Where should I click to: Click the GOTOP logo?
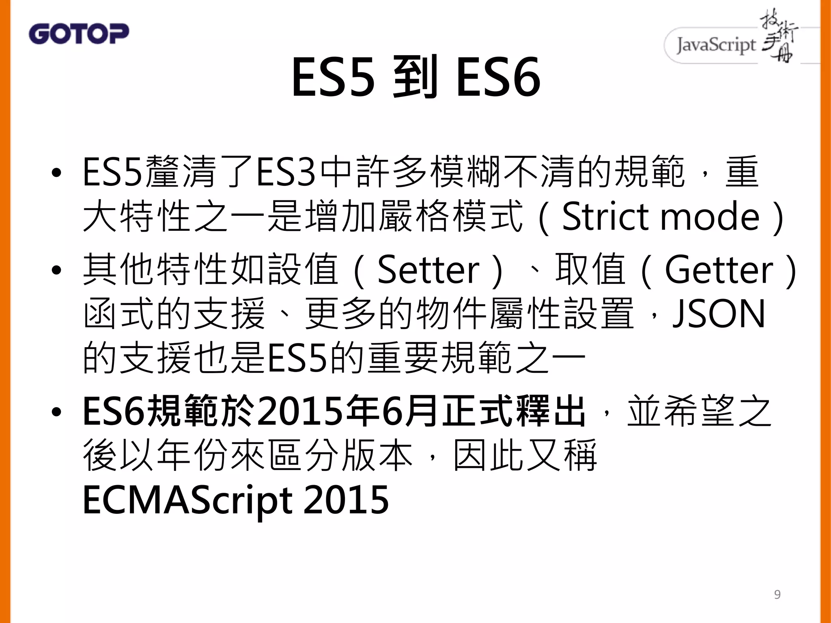[x=79, y=34]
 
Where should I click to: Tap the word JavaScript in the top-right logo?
[x=716, y=45]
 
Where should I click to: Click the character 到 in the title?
[x=415, y=77]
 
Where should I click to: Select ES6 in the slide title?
[x=498, y=77]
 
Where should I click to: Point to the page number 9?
[x=777, y=594]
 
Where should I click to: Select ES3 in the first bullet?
[x=286, y=172]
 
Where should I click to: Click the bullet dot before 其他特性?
[x=56, y=271]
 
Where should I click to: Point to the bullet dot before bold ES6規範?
[x=56, y=412]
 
